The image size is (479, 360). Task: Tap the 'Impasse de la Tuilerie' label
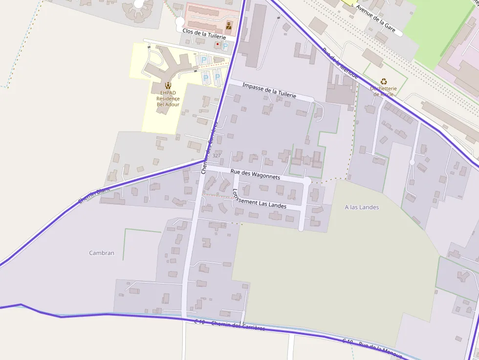pyautogui.click(x=269, y=90)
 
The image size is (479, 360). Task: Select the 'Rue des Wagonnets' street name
pyautogui.click(x=255, y=174)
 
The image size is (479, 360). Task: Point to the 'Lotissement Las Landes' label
pyautogui.click(x=260, y=199)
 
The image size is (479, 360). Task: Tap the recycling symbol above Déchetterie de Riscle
pyautogui.click(x=384, y=82)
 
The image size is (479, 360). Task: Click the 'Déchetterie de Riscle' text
pyautogui.click(x=383, y=91)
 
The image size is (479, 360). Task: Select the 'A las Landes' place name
pyautogui.click(x=362, y=207)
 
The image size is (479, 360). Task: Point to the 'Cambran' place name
pyautogui.click(x=102, y=253)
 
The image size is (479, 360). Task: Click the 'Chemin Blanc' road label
pyautogui.click(x=94, y=195)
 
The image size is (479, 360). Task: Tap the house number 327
pyautogui.click(x=217, y=155)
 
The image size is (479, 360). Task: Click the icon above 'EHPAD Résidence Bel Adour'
pyautogui.click(x=168, y=85)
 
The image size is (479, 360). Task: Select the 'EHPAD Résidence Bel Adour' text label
pyautogui.click(x=168, y=98)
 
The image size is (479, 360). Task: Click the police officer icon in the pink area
pyautogui.click(x=229, y=24)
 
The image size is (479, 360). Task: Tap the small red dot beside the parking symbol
pyautogui.click(x=218, y=44)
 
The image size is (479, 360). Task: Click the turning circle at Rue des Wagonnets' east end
pyautogui.click(x=307, y=181)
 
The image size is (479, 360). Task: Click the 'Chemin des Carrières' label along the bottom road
pyautogui.click(x=238, y=326)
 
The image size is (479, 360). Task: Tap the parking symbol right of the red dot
pyautogui.click(x=225, y=46)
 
